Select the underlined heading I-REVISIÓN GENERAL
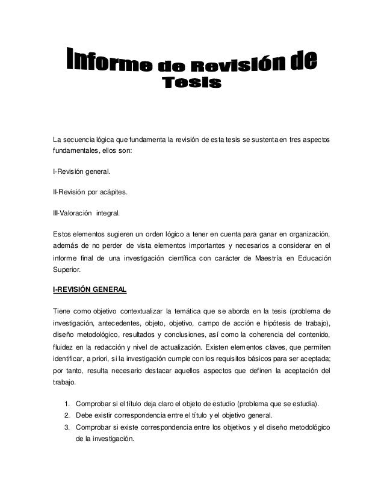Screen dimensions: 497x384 90,290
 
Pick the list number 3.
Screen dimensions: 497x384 66,428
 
